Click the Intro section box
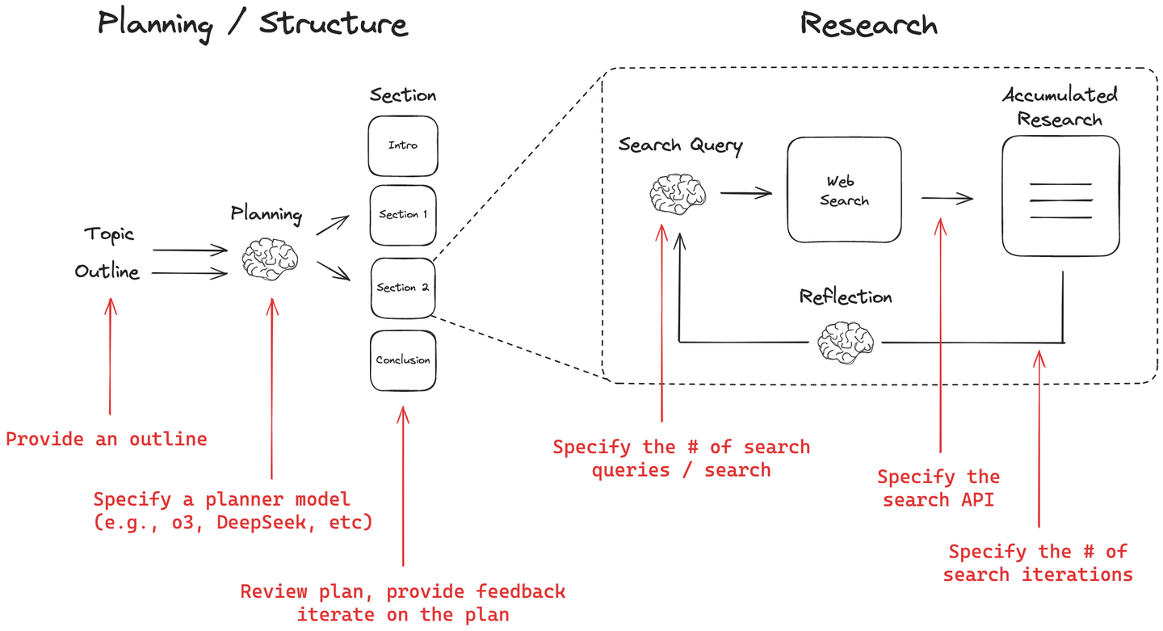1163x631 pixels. pos(403,146)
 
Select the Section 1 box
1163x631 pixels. pos(403,215)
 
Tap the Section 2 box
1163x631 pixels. pos(403,288)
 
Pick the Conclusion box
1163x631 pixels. pos(403,360)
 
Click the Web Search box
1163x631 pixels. pos(844,191)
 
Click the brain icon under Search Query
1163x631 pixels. pos(678,195)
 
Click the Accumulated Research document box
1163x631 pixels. pos(1060,196)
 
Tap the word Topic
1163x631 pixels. pos(109,235)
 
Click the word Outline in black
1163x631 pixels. pos(107,272)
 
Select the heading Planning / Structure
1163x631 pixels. pos(253,23)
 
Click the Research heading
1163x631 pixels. pos(868,24)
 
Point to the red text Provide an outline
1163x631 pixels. pos(107,440)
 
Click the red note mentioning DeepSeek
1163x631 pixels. pos(233,511)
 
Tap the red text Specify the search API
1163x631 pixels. pos(938,488)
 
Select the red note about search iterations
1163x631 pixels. pos(1038,563)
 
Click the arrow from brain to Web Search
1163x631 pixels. pos(745,193)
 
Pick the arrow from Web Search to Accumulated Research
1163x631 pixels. pos(947,199)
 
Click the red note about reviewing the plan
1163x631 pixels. pos(403,603)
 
